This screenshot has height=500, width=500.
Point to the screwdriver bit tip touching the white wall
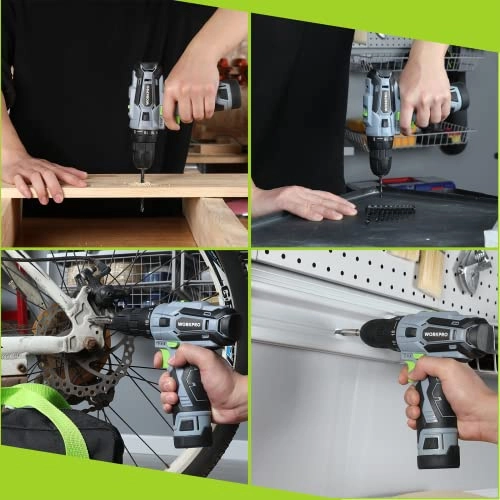click(x=340, y=332)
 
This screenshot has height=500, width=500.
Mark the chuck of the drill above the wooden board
click(x=143, y=152)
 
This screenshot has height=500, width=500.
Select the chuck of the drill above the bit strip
click(x=380, y=157)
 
